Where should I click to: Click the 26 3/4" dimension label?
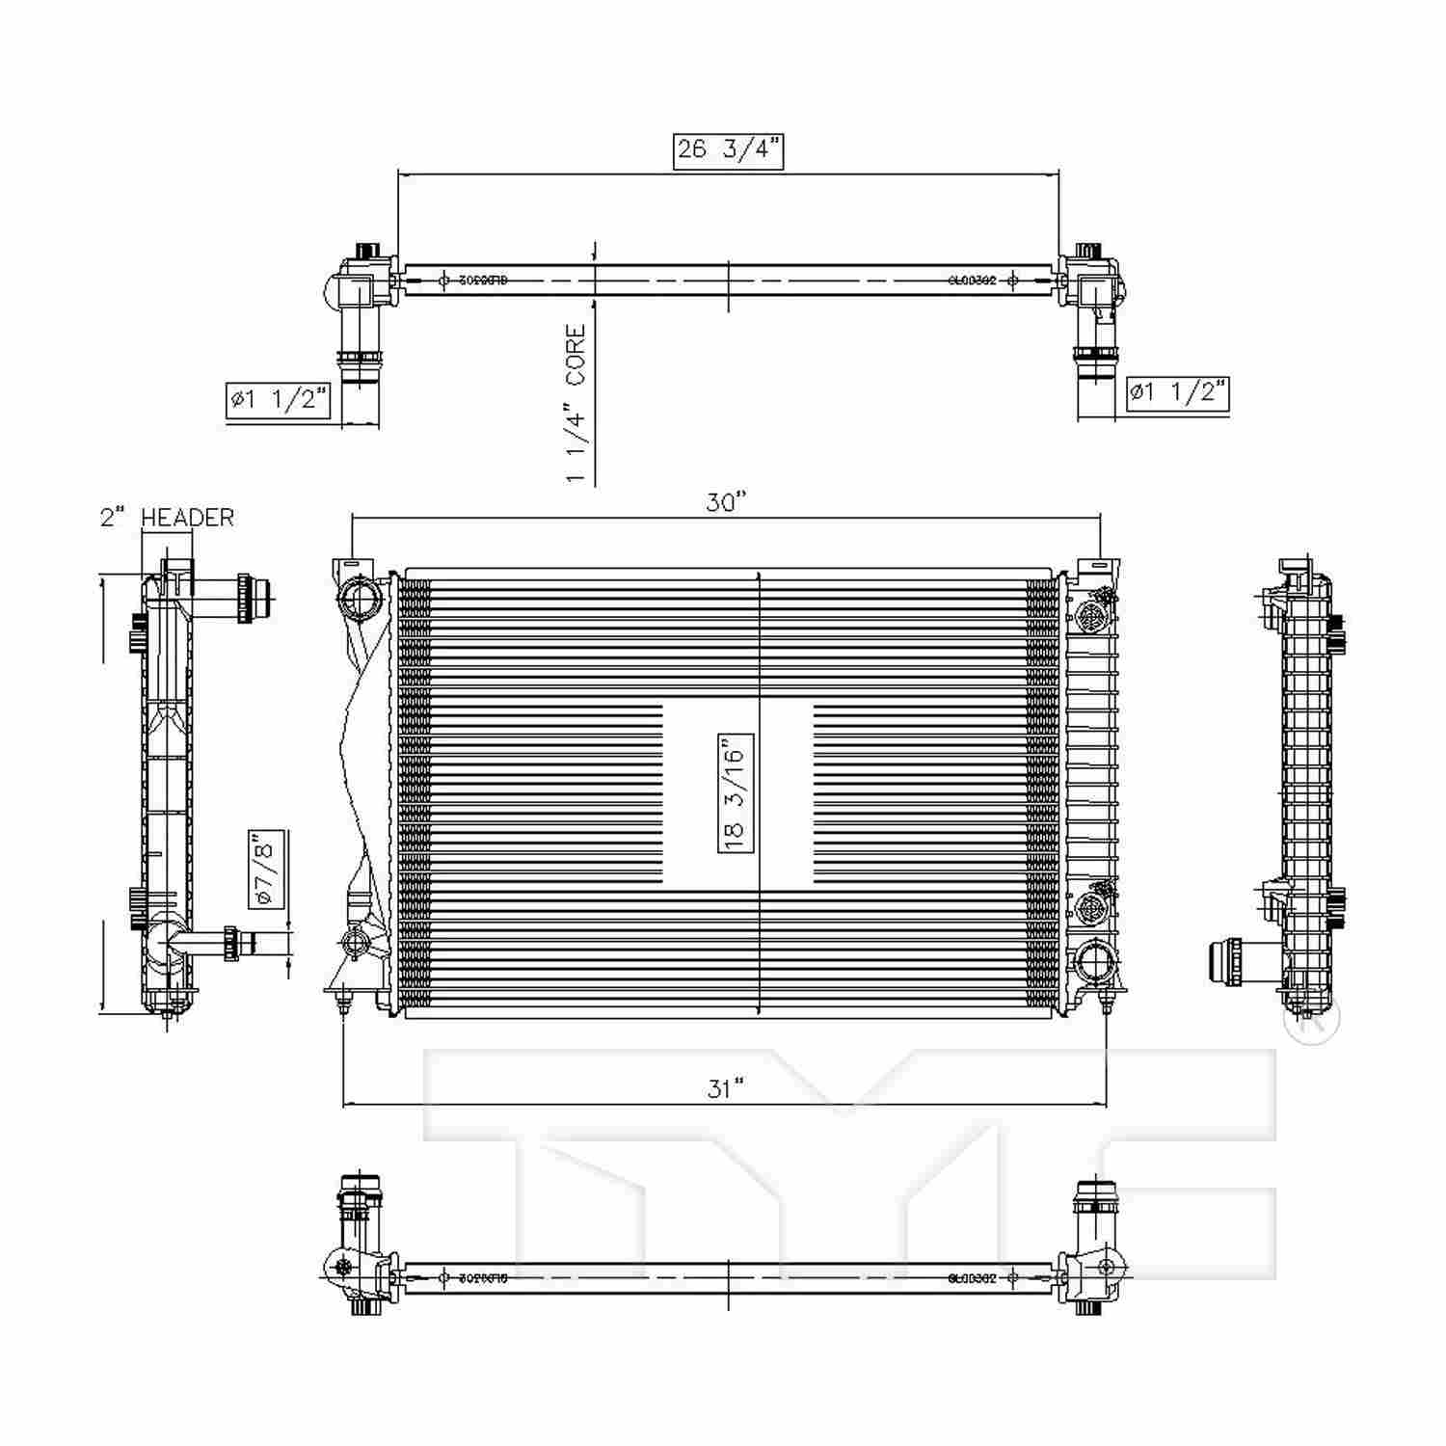728,150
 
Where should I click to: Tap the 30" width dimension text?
726,503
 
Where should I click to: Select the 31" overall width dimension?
726,1088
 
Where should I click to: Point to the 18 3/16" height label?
736,792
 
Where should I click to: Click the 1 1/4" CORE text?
576,404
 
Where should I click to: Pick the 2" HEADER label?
167,518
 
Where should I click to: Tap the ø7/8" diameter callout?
266,870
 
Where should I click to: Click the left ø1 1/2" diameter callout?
279,399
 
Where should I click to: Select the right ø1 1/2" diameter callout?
1177,391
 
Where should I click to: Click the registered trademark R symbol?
1311,1016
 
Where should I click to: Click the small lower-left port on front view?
356,939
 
